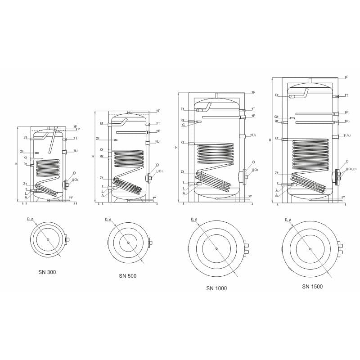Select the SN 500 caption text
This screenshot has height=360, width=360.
[128, 275]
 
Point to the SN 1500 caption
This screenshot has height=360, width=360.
[312, 286]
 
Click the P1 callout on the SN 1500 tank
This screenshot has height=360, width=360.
[347, 112]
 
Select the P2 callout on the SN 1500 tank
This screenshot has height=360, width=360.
[347, 121]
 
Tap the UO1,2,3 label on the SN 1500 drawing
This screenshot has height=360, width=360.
[351, 169]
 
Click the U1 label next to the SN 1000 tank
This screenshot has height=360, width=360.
[254, 135]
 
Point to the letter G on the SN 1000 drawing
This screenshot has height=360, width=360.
[183, 125]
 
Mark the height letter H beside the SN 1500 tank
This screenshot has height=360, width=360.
[270, 140]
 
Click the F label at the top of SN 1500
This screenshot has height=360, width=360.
[346, 77]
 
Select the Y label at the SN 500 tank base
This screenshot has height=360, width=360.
[155, 198]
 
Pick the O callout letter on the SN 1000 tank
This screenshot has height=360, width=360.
[254, 162]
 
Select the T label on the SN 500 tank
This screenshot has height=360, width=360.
[158, 123]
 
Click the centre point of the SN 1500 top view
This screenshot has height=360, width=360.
[310, 249]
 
